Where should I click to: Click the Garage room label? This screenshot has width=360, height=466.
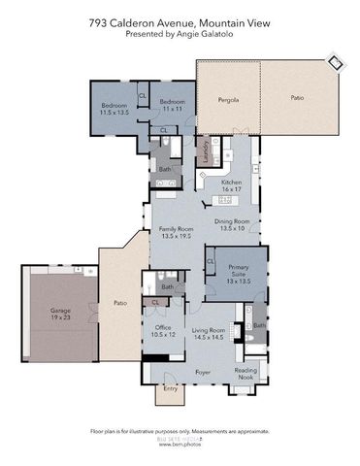60,315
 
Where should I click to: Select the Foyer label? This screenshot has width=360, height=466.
203,370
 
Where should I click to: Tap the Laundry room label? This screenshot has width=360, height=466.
205,152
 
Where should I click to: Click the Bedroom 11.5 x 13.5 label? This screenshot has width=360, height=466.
115,109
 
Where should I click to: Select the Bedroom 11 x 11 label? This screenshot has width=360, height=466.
173,104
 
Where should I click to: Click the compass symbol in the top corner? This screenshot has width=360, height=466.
336,63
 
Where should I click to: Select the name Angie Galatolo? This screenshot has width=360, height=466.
206,34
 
